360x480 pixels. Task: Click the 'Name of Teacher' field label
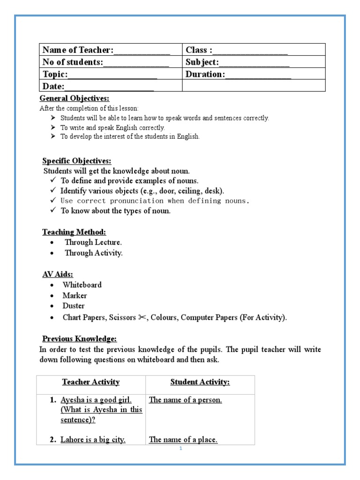(78, 50)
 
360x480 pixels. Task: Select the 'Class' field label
(199, 50)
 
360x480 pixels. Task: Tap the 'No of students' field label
(73, 62)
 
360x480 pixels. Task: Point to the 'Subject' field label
(202, 62)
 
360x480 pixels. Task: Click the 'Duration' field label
(205, 75)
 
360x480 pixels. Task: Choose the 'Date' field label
(53, 86)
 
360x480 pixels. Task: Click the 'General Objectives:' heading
(74, 98)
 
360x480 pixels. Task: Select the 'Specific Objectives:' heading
(76, 161)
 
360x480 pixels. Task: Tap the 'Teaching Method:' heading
(74, 232)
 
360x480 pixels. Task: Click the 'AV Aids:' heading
(58, 274)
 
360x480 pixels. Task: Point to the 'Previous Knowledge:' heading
(79, 338)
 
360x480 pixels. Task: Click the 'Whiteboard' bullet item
(82, 285)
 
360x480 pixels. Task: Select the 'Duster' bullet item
(74, 306)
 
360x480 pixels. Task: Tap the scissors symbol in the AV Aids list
(142, 317)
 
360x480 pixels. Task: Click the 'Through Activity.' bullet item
(93, 253)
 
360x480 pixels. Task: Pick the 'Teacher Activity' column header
(90, 382)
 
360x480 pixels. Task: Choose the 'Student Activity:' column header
(200, 382)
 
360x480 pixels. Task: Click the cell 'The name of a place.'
(183, 440)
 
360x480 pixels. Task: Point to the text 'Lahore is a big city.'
(93, 440)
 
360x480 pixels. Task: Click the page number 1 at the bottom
(180, 448)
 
